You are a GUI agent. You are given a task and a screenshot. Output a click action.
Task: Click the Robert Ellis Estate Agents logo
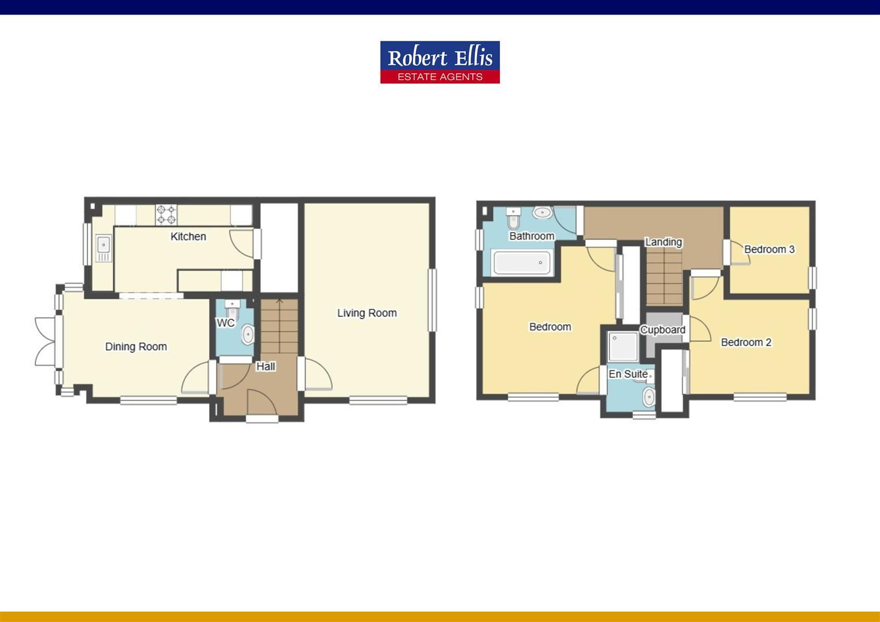pyautogui.click(x=439, y=62)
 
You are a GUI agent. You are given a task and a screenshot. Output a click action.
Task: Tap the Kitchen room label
pyautogui.click(x=188, y=236)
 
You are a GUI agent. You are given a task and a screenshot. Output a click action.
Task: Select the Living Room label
pyautogui.click(x=367, y=313)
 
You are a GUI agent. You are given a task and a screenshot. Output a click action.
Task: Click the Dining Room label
pyautogui.click(x=136, y=346)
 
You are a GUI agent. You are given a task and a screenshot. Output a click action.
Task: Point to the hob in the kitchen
pyautogui.click(x=166, y=215)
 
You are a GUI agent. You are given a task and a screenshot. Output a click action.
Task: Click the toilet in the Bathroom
pyautogui.click(x=513, y=218)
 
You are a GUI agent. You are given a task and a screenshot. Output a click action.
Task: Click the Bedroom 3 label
pyautogui.click(x=769, y=249)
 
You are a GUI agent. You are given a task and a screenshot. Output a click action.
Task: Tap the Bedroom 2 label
pyautogui.click(x=746, y=342)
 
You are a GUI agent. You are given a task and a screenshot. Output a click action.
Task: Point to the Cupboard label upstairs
pyautogui.click(x=663, y=330)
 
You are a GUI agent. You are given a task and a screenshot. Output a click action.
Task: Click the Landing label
pyautogui.click(x=663, y=242)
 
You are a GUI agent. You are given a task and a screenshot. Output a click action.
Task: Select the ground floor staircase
pyautogui.click(x=280, y=326)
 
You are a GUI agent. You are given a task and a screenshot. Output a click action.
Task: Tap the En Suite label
pyautogui.click(x=628, y=374)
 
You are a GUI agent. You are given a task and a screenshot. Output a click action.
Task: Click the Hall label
pyautogui.click(x=265, y=366)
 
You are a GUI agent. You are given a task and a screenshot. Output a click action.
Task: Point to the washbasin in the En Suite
pyautogui.click(x=649, y=396)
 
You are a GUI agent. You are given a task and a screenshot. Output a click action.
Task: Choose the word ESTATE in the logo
pyautogui.click(x=416, y=77)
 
